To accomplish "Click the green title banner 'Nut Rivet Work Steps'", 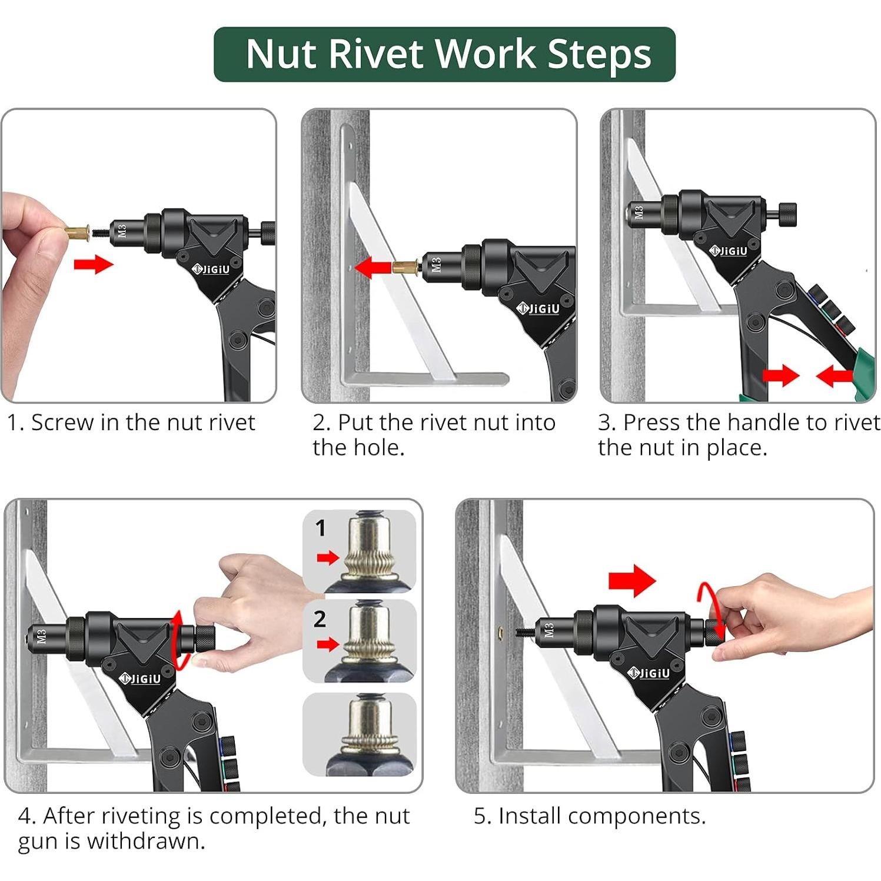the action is click(x=444, y=54).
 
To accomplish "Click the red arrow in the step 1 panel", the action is click(x=94, y=264).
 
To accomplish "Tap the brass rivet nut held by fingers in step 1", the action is click(x=77, y=234).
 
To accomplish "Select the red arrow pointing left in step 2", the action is click(x=374, y=267).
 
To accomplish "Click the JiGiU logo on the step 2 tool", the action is click(x=538, y=308).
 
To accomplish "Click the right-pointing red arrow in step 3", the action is click(x=781, y=375).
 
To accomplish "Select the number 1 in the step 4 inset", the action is click(x=320, y=528).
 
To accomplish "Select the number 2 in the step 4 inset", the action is click(x=320, y=619).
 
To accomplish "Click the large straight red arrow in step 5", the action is click(x=631, y=580).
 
